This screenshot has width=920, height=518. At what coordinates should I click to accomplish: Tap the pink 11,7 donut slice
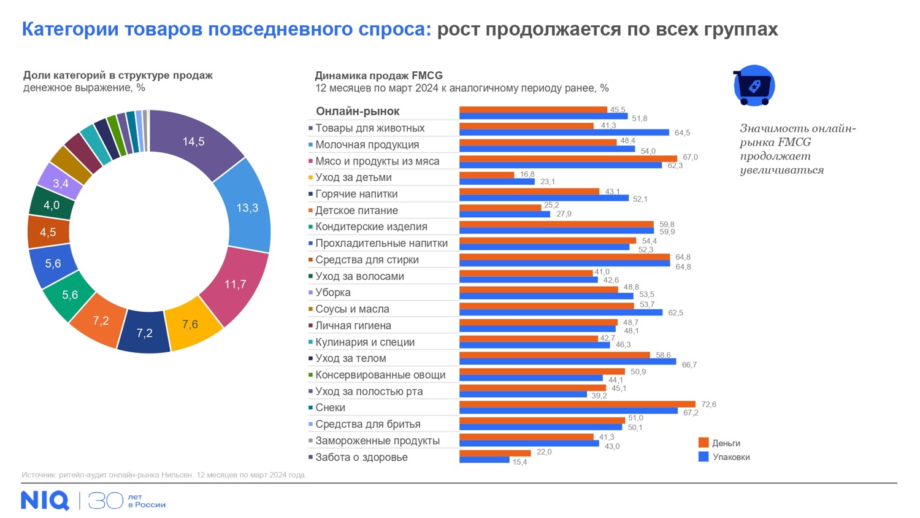(234, 284)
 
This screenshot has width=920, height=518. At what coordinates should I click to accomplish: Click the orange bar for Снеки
(577, 404)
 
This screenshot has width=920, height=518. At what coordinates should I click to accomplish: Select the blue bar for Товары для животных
(564, 133)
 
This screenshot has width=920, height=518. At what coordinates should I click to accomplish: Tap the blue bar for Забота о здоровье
(484, 460)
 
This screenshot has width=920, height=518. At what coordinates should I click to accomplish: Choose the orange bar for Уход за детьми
(486, 175)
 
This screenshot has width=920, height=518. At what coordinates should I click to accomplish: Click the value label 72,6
(708, 404)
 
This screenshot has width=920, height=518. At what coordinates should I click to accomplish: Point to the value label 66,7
(689, 365)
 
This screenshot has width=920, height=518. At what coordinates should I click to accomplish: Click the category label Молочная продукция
(367, 145)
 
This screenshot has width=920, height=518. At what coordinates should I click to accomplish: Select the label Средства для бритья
(367, 424)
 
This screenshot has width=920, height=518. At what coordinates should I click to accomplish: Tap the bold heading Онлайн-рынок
(358, 111)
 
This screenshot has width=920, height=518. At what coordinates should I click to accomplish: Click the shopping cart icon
(754, 85)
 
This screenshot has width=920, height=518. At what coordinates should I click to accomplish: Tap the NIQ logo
(45, 500)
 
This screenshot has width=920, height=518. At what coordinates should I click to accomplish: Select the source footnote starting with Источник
(164, 475)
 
